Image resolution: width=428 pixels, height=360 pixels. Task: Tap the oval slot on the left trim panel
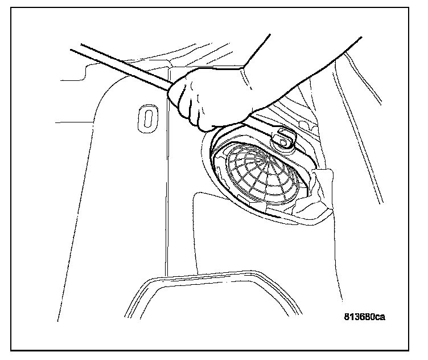click(x=147, y=118)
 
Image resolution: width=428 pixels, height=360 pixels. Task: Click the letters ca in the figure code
click(x=379, y=317)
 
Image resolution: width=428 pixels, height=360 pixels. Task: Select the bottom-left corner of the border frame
click(x=11, y=350)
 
